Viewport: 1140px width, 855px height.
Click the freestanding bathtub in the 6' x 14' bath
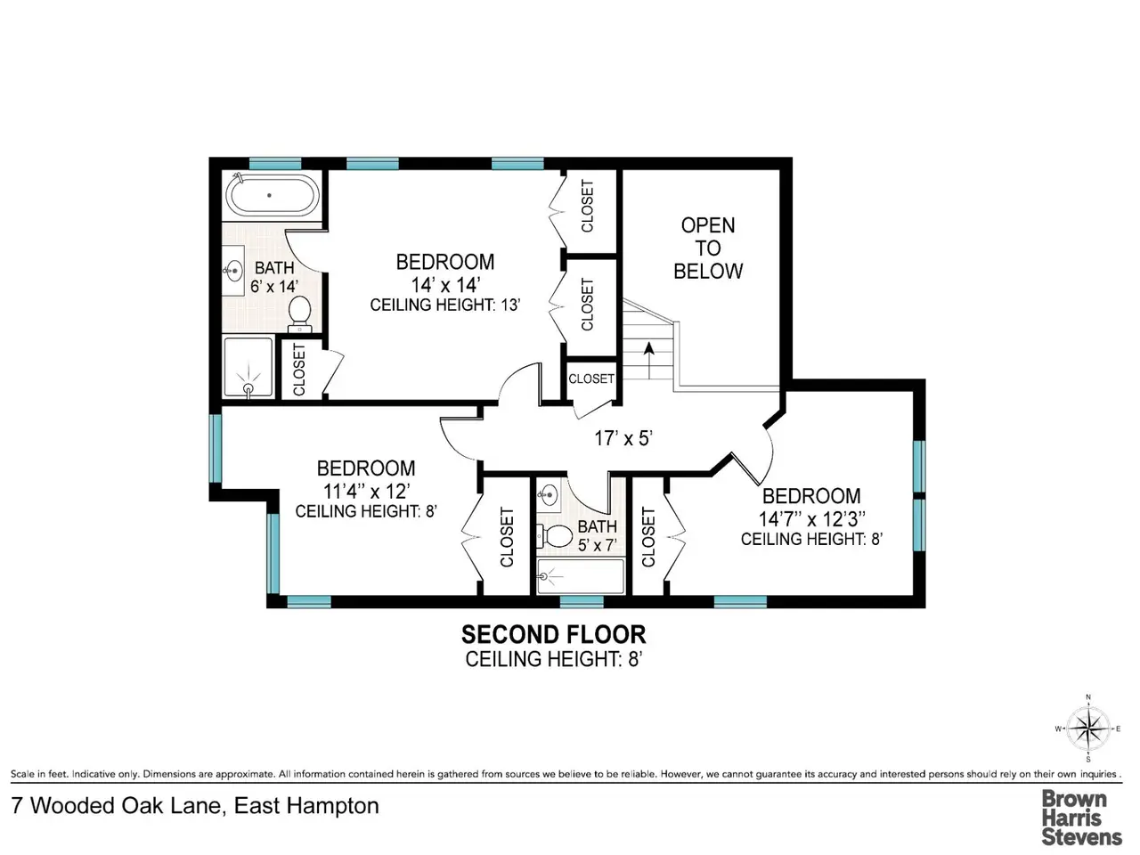point(270,196)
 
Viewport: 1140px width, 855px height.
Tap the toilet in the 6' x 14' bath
point(299,313)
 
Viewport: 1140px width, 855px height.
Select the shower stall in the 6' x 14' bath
point(248,368)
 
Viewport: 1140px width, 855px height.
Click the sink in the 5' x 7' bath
point(548,493)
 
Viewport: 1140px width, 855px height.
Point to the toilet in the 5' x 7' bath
point(553,535)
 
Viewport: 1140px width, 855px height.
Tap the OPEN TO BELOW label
point(708,248)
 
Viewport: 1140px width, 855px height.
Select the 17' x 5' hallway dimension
point(623,439)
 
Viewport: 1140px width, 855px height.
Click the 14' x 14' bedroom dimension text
point(445,285)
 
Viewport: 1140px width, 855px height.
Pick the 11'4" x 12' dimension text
point(367,491)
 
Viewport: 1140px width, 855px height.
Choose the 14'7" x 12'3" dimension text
point(811,518)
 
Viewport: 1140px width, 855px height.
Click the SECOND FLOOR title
point(554,634)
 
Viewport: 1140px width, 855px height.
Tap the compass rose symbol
point(1088,729)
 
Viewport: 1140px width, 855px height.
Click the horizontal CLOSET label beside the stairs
point(591,379)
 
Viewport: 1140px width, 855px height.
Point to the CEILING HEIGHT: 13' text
point(445,305)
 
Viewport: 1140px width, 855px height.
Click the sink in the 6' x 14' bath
point(233,271)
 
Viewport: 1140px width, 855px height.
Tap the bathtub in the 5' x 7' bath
point(580,575)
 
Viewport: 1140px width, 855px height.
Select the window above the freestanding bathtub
point(274,164)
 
